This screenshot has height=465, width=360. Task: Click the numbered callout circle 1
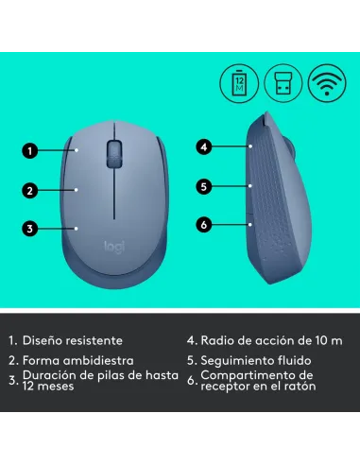30,149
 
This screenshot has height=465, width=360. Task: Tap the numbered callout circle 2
30,190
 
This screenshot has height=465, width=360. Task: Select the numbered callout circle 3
30,228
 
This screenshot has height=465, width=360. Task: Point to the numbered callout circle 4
203,146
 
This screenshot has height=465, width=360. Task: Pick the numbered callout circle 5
203,186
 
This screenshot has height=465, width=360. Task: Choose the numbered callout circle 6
203,225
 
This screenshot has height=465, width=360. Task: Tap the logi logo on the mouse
113,245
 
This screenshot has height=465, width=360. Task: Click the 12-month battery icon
238,84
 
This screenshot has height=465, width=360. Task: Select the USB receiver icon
282,84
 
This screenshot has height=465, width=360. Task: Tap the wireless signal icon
326,84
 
